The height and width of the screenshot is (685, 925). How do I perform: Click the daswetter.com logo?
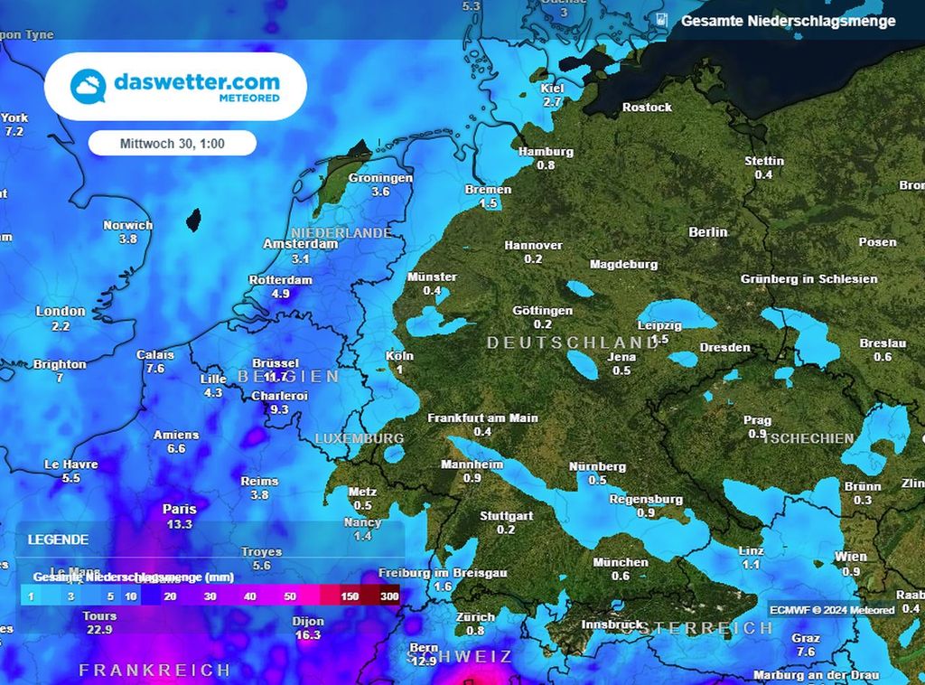[x=175, y=87]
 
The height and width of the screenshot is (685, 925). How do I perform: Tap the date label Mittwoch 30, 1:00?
[x=173, y=144]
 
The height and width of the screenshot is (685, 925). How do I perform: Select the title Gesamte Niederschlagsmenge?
[x=788, y=21]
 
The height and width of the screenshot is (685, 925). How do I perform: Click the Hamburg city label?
[x=546, y=152]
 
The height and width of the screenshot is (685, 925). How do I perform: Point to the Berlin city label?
[x=707, y=232]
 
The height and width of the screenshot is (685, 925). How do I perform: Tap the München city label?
[x=620, y=562]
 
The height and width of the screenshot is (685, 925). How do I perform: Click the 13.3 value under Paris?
[x=179, y=524]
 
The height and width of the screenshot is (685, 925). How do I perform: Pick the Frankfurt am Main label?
[x=482, y=418]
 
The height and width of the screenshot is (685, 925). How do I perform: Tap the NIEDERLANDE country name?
[x=341, y=232]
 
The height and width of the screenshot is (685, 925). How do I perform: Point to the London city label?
[x=61, y=311]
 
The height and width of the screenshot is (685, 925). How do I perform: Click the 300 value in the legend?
[x=389, y=596]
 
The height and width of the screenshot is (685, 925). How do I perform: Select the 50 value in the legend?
[x=289, y=596]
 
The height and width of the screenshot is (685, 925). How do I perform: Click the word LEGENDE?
[x=58, y=540]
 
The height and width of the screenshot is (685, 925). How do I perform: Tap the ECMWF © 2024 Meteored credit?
[x=832, y=610]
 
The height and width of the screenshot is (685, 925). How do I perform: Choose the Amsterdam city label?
[x=300, y=244]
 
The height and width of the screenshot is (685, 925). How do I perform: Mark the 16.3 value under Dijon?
[x=308, y=635]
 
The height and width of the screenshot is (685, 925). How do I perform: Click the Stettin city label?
[x=763, y=161]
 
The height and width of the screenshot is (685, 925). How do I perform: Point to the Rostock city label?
[x=647, y=108]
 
